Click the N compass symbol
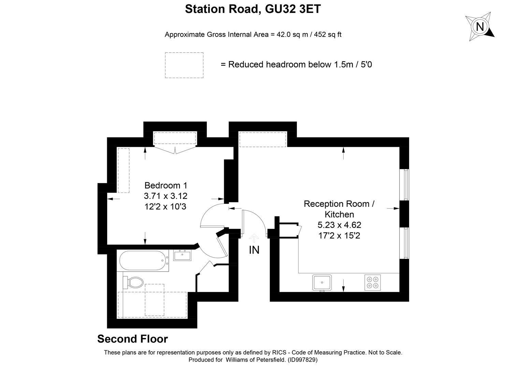(480, 27)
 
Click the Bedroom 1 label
(166, 185)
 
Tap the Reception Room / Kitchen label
(339, 209)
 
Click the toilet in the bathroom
(135, 282)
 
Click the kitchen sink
(322, 282)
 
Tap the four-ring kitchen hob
(373, 282)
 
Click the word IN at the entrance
(254, 250)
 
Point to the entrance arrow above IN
(254, 237)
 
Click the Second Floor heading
(132, 339)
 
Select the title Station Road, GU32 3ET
(253, 9)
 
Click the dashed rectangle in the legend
(184, 65)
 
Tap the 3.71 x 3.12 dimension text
(165, 196)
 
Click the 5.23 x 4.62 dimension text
(339, 225)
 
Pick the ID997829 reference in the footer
(303, 359)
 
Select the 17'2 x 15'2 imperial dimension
(339, 235)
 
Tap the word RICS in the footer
(279, 353)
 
